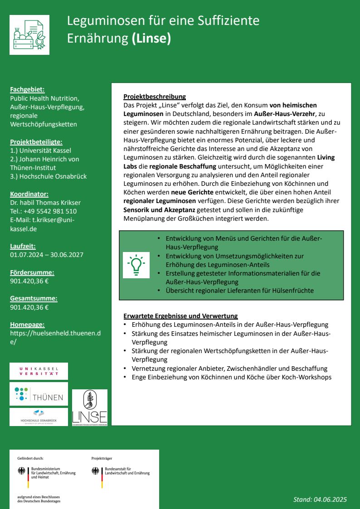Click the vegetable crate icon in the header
coord(29,35)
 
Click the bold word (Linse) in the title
coord(151,39)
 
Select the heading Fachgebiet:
coord(27,90)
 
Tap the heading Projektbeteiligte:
coord(36,142)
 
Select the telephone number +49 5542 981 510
coord(50,211)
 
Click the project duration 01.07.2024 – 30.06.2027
coord(47,255)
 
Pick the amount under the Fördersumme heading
coord(29,281)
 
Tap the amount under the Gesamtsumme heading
coord(29,307)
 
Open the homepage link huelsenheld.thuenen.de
coord(55,337)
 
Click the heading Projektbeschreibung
coord(155,97)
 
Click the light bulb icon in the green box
coord(136,265)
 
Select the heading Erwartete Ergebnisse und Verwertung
coord(180,316)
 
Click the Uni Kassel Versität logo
coord(39,371)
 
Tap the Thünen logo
coord(39,394)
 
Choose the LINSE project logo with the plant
coord(90,407)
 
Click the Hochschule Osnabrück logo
coord(39,417)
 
